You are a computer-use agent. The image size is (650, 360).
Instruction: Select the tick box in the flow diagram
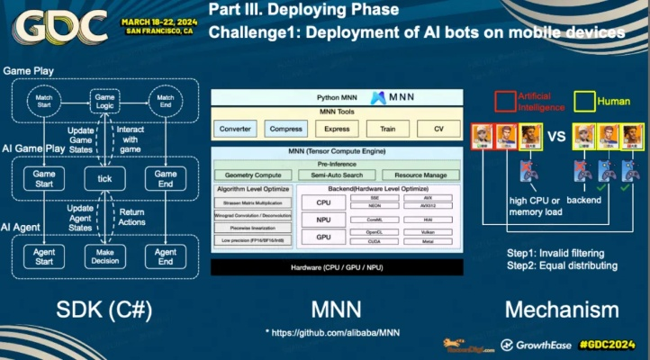tap(104, 179)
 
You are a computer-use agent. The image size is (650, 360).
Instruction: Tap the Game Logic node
tap(104, 101)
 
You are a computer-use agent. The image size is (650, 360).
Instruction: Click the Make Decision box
tap(104, 256)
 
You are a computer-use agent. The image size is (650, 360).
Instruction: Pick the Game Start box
tap(43, 179)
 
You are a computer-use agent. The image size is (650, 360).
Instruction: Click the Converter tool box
tap(235, 129)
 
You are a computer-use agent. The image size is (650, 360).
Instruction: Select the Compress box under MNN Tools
tap(285, 129)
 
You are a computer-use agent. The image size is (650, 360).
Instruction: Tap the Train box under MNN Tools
tap(387, 129)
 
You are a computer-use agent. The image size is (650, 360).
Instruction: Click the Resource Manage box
tap(420, 175)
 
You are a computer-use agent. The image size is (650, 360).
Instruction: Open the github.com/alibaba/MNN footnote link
tap(335, 333)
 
